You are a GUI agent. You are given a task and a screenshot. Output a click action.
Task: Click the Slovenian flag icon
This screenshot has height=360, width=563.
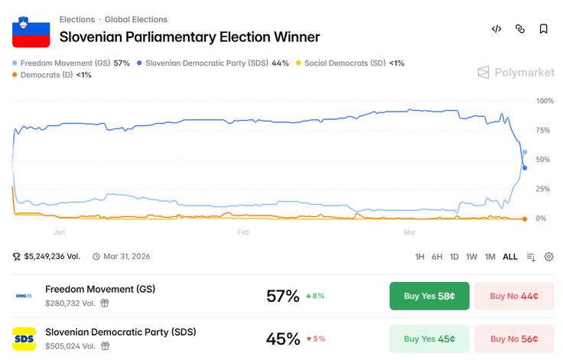(31, 31)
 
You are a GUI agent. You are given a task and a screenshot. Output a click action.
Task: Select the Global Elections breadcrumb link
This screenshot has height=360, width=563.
(136, 19)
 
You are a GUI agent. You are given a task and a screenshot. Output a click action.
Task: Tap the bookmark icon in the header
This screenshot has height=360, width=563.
(543, 29)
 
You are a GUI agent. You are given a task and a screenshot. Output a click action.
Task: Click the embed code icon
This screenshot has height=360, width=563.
(496, 29)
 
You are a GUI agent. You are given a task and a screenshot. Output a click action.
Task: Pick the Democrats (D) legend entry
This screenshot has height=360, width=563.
(51, 75)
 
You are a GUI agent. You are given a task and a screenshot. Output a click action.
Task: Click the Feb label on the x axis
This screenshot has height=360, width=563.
(243, 231)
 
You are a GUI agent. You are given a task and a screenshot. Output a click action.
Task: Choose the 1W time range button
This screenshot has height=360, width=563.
(471, 257)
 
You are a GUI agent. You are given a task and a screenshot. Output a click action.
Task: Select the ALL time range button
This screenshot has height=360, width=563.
(510, 257)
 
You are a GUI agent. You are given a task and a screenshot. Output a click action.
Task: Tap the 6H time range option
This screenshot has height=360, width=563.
(437, 257)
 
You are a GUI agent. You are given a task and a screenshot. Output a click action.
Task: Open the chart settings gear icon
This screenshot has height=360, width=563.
(548, 257)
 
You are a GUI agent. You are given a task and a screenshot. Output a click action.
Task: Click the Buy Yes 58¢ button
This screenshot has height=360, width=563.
(429, 296)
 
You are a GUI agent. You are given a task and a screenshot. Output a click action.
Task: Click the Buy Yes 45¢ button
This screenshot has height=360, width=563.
(429, 339)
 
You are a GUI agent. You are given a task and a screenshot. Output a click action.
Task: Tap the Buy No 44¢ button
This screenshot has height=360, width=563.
(514, 296)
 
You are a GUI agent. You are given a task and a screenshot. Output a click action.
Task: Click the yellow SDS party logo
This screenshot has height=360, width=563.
(24, 339)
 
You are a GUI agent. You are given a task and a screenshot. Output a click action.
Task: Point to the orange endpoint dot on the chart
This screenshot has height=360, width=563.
(524, 219)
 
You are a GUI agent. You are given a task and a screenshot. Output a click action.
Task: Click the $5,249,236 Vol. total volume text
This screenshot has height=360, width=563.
(52, 257)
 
